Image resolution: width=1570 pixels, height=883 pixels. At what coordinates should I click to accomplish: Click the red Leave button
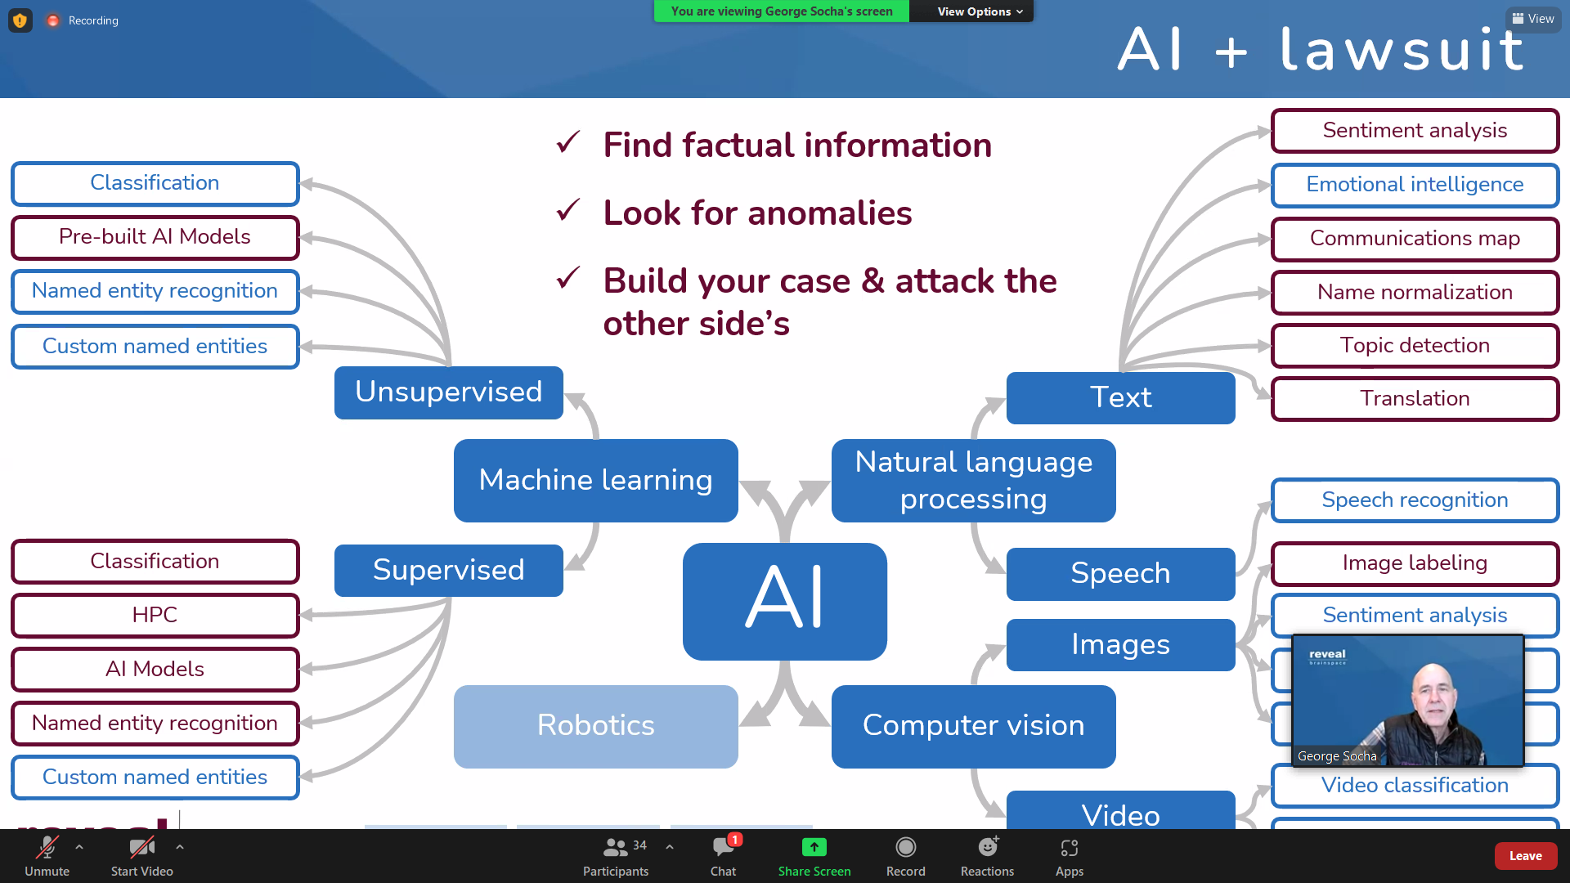(x=1525, y=856)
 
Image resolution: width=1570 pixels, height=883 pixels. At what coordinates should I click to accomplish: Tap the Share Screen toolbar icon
(x=814, y=847)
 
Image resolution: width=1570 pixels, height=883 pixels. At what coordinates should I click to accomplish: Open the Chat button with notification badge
(x=724, y=847)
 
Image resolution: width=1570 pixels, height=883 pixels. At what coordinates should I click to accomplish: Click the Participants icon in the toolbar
(x=615, y=847)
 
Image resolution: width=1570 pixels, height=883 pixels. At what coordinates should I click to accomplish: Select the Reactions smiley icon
(x=987, y=847)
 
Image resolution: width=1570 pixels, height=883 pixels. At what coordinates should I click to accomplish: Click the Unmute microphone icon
(x=47, y=847)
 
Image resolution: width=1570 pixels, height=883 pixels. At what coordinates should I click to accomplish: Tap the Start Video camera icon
(x=141, y=847)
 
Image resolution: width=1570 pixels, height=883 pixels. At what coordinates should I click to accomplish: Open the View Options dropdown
(x=979, y=11)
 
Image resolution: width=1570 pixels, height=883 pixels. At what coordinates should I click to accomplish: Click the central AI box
(x=785, y=601)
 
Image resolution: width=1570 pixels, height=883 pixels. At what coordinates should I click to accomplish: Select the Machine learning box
(x=595, y=480)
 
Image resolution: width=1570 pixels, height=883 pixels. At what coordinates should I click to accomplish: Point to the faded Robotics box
(x=595, y=726)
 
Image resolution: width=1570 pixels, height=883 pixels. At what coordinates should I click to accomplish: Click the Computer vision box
(x=973, y=726)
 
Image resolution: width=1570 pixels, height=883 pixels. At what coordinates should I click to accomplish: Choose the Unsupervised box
(x=448, y=392)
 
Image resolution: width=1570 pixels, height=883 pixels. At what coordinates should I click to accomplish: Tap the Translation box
(x=1415, y=399)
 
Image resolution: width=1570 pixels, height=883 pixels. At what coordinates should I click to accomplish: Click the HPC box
(x=155, y=615)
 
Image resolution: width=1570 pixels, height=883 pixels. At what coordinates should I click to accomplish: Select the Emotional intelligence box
(x=1415, y=185)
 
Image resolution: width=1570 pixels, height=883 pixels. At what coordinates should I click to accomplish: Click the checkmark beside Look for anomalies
(x=567, y=211)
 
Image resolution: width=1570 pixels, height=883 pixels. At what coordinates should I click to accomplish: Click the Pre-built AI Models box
(x=155, y=237)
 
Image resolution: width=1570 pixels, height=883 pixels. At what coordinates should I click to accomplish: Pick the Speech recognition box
(x=1415, y=500)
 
